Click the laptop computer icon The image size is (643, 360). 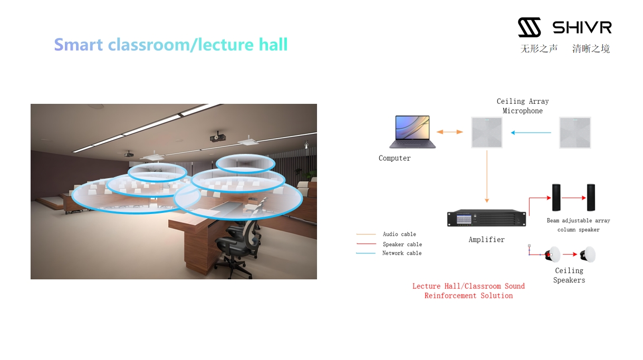412,132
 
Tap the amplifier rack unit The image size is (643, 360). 486,218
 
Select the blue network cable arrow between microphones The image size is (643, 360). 531,132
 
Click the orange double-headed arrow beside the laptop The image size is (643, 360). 449,132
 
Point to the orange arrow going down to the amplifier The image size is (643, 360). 487,177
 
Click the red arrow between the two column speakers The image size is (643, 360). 573,198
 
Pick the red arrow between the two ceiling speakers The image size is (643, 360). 570,254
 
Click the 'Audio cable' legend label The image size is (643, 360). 399,234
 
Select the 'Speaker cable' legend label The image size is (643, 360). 402,244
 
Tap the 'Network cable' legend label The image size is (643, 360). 402,253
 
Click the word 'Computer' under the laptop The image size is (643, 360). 395,158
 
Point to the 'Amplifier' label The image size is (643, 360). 486,239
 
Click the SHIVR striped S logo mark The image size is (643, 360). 529,27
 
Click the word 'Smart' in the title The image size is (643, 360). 79,44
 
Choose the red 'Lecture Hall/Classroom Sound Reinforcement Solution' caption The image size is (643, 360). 468,291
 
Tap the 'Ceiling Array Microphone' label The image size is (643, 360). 523,106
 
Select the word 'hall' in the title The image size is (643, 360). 273,44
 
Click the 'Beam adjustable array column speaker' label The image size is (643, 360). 579,225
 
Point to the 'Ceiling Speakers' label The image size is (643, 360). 569,275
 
